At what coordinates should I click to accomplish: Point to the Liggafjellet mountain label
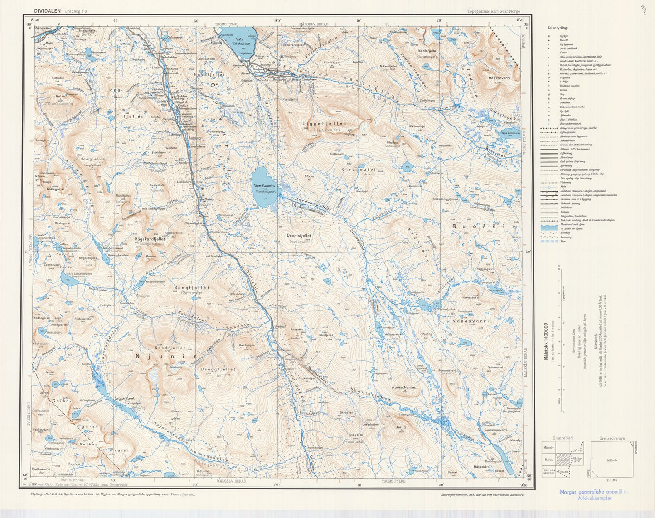[324, 123]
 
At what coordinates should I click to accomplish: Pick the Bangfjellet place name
[192, 287]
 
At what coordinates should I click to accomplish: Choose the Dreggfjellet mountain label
[218, 369]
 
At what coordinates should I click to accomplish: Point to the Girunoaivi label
[359, 169]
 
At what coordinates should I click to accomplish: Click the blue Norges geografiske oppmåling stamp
[594, 494]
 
